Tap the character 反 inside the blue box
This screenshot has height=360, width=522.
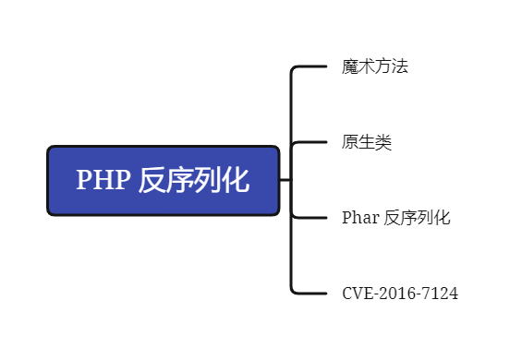coord(152,181)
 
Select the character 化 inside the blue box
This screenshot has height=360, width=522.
coord(236,181)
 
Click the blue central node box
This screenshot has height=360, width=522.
coord(163,181)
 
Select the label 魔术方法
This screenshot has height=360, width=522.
coord(374,66)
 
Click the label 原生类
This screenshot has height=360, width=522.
coord(367,143)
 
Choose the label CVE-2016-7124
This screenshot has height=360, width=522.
coord(400,294)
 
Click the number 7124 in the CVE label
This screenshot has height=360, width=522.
coord(441,294)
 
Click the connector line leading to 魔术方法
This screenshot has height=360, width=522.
coord(310,66)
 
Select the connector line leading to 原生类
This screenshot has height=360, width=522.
coord(310,143)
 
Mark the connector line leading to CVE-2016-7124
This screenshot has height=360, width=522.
coord(310,294)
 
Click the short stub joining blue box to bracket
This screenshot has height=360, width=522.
coord(285,180)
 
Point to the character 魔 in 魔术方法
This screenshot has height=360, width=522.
coord(350,66)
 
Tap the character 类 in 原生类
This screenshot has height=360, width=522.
coord(383,143)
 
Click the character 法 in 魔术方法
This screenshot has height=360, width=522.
coord(400,66)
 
